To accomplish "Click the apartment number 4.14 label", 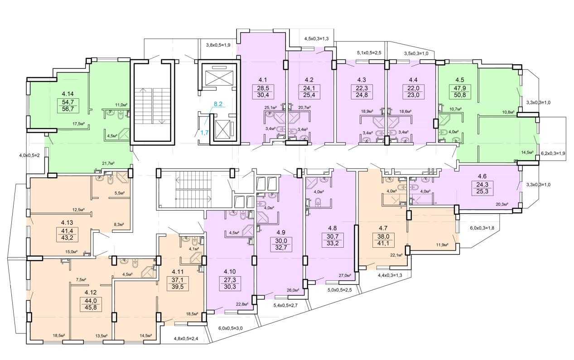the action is (68, 94).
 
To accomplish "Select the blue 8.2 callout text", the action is (218, 104).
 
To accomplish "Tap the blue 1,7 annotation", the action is (204, 133).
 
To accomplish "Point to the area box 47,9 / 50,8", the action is (459, 91).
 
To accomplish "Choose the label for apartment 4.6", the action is (482, 176).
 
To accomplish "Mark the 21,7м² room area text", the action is (108, 163).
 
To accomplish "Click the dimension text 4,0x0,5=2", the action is (29, 155).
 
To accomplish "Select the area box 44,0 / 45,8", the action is (91, 304).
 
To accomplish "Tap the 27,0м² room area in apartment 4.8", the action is (345, 275).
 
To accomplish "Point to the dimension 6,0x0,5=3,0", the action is (230, 328).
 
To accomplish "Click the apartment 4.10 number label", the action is (230, 272).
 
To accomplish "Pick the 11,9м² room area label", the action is (442, 245).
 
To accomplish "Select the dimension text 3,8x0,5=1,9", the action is (218, 45).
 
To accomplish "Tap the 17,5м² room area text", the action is (78, 124).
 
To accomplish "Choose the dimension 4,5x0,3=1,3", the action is (316, 38).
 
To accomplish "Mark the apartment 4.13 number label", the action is (67, 222).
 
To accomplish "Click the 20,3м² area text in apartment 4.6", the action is (502, 204).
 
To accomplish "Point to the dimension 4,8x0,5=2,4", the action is (186, 339).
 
